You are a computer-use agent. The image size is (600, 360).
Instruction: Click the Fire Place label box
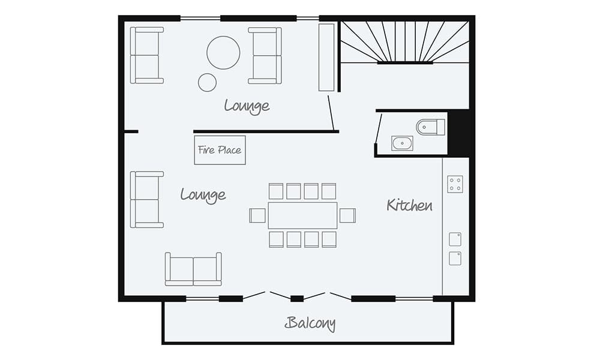pyautogui.click(x=220, y=150)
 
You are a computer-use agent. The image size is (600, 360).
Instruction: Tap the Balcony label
pyautogui.click(x=310, y=323)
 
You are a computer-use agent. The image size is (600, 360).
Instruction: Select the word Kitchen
pyautogui.click(x=409, y=205)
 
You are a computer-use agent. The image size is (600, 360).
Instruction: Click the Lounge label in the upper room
pyautogui.click(x=247, y=106)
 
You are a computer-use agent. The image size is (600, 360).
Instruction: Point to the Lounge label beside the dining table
pyautogui.click(x=203, y=194)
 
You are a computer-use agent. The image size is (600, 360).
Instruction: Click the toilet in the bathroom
pyautogui.click(x=430, y=127)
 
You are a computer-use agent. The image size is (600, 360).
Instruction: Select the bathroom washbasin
pyautogui.click(x=402, y=143)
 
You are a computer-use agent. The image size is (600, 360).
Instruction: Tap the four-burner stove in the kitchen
pyautogui.click(x=455, y=184)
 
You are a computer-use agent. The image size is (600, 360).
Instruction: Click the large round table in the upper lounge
pyautogui.click(x=223, y=53)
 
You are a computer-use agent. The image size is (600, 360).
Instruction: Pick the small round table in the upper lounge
pyautogui.click(x=207, y=82)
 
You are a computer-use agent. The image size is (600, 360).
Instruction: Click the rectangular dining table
pyautogui.click(x=302, y=215)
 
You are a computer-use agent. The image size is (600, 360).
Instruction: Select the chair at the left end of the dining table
pyautogui.click(x=257, y=215)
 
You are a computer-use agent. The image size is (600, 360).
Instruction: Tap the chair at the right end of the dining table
pyautogui.click(x=347, y=215)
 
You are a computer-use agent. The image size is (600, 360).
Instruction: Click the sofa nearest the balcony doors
pyautogui.click(x=193, y=269)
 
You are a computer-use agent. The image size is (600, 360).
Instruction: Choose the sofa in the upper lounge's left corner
pyautogui.click(x=146, y=55)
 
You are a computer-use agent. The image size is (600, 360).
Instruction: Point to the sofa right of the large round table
pyautogui.click(x=265, y=55)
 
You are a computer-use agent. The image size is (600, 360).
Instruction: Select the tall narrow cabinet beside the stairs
pyautogui.click(x=326, y=57)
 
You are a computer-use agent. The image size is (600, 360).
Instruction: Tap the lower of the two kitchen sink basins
pyautogui.click(x=455, y=259)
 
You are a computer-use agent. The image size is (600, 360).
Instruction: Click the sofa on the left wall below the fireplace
pyautogui.click(x=146, y=199)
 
